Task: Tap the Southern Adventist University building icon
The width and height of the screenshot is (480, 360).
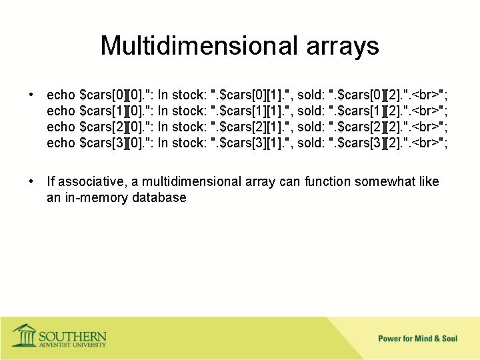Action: (25, 335)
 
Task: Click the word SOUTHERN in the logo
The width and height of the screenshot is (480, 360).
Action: (72, 335)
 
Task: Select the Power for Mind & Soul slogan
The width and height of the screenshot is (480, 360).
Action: (417, 339)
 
